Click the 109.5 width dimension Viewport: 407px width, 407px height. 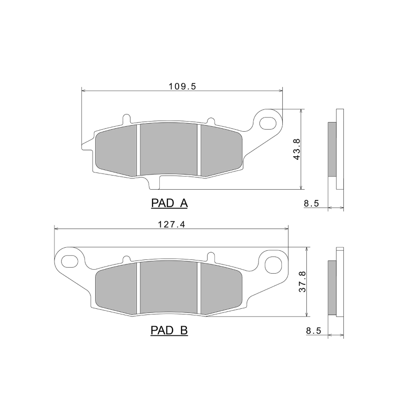pos(182,86)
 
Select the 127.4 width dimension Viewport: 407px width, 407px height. pos(170,224)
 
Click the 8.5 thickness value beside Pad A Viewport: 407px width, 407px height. pos(311,203)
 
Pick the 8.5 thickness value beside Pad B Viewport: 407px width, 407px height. pos(311,331)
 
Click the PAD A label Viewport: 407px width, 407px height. pos(169,203)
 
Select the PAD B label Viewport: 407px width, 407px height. pos(169,331)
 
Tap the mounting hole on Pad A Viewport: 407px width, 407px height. pos(269,123)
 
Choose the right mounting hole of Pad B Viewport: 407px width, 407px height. pos(274,263)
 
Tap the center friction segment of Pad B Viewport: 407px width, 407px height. pos(168,287)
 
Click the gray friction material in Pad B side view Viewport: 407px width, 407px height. pos(332,288)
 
